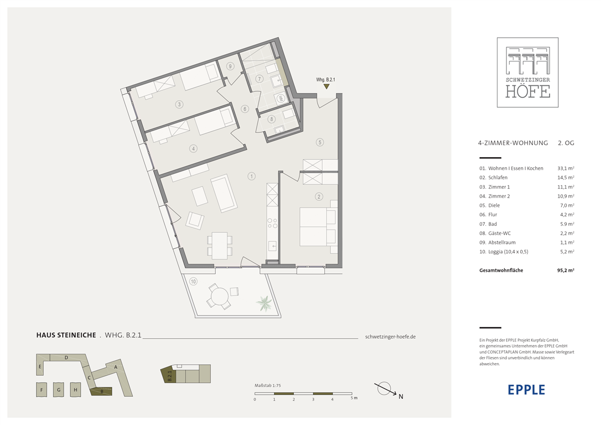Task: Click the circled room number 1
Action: (251, 177)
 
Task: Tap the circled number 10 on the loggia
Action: (193, 282)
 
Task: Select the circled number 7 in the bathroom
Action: (260, 79)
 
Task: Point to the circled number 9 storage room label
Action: (230, 66)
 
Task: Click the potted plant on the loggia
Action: (264, 303)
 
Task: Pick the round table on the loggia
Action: (220, 296)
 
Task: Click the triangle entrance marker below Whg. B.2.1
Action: (326, 87)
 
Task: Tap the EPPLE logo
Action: (526, 390)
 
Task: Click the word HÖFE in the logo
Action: (528, 92)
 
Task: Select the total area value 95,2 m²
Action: (566, 270)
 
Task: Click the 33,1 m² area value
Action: (566, 168)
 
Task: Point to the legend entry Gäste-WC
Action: (499, 233)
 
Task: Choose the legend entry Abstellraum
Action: (502, 242)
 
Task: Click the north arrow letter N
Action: (401, 397)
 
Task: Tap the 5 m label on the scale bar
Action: (354, 398)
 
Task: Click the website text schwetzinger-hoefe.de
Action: (390, 336)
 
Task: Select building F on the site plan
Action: (42, 390)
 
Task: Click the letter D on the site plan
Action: (66, 357)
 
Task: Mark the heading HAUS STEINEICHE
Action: (66, 335)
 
